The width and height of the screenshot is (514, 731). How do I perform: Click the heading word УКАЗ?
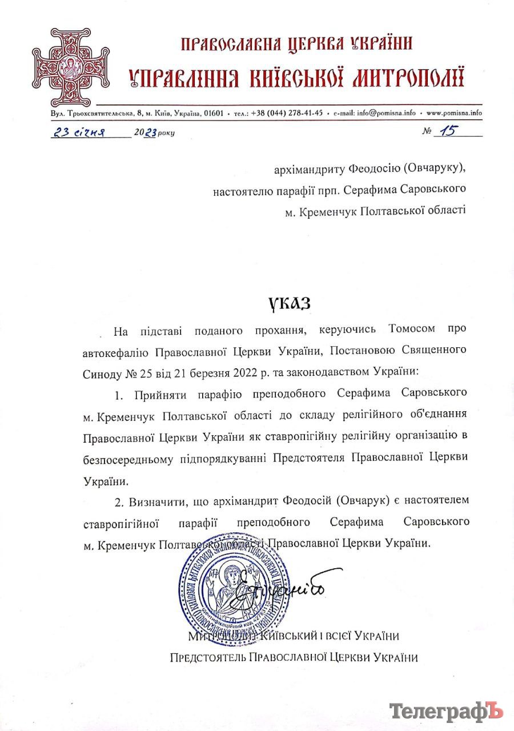point(290,303)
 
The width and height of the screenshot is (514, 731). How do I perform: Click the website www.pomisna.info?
point(454,113)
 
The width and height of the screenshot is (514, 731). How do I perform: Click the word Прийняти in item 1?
point(159,393)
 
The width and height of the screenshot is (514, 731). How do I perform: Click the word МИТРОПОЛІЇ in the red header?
point(407,77)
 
